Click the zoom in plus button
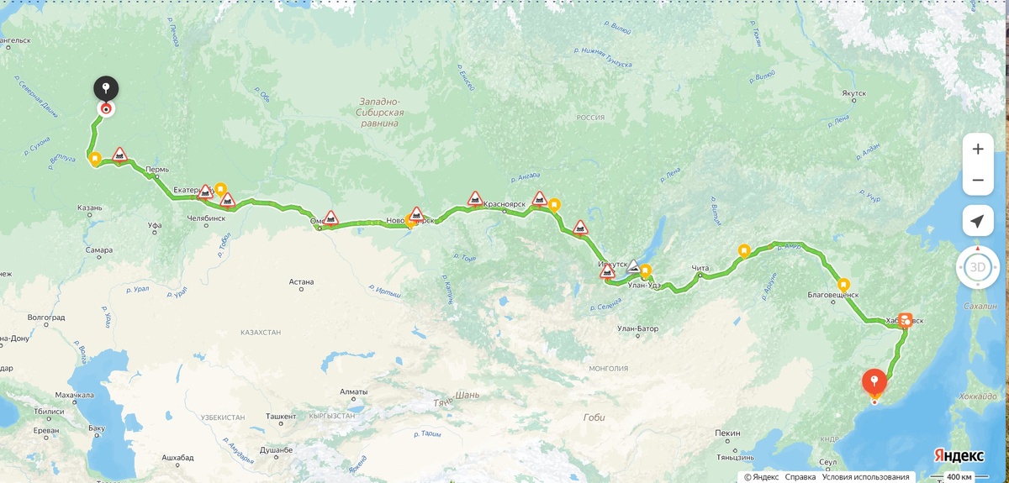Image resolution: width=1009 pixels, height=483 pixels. (977, 149)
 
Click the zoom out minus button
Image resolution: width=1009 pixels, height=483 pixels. (977, 180)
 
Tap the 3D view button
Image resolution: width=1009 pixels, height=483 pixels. (977, 267)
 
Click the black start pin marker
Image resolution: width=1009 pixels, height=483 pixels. (106, 88)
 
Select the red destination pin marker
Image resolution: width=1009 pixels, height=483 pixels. (874, 382)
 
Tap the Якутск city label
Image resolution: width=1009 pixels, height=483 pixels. (853, 93)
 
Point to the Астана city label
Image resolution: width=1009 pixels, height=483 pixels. (301, 282)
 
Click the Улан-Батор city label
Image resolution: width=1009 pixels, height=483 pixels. (637, 328)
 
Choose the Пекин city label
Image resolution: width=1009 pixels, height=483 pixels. (727, 433)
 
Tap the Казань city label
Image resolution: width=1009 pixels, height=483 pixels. (89, 207)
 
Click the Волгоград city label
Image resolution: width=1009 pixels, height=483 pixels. (45, 318)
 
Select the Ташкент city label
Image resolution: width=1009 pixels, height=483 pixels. (281, 416)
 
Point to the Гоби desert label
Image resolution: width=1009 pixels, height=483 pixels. (593, 417)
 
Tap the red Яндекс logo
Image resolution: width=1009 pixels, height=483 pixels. (959, 455)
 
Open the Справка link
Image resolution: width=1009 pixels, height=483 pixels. (800, 477)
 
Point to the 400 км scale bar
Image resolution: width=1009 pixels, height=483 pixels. (959, 477)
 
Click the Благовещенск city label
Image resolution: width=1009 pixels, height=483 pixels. (832, 295)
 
